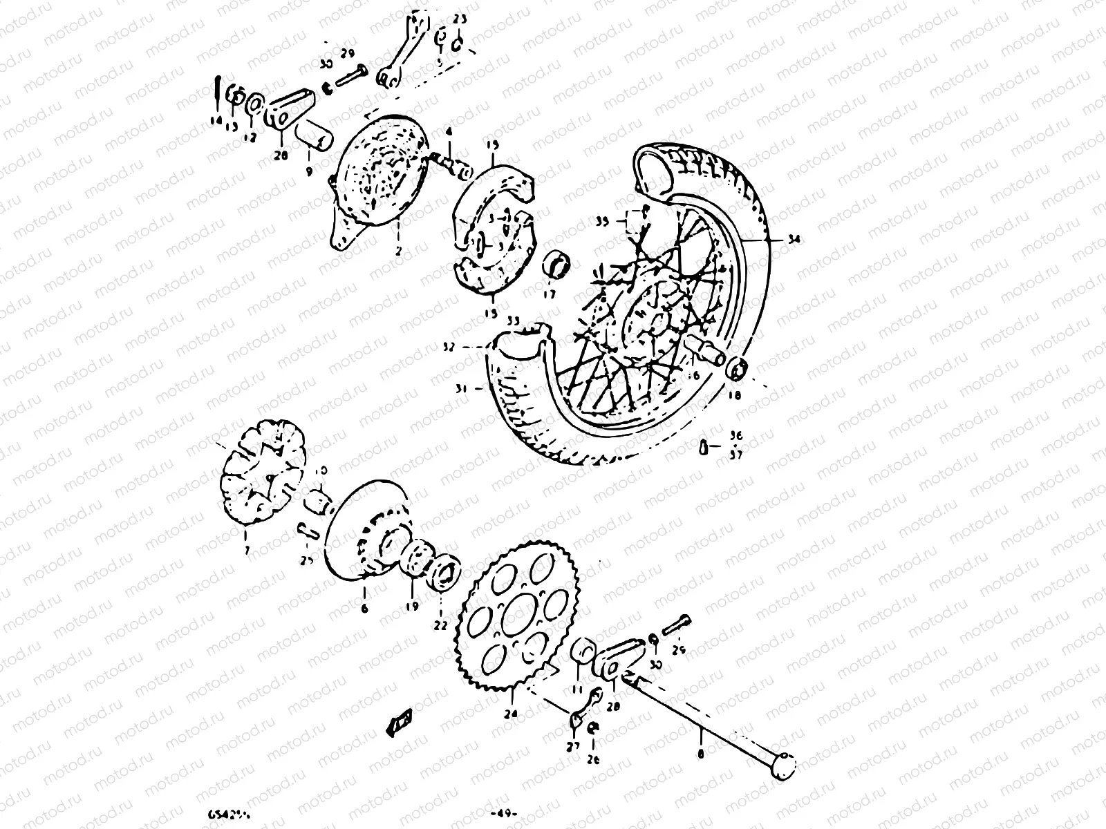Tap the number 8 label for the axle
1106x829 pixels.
tap(701, 755)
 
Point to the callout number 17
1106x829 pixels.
tap(550, 293)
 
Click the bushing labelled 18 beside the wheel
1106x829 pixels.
tap(738, 370)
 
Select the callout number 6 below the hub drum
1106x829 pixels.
tap(364, 609)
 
